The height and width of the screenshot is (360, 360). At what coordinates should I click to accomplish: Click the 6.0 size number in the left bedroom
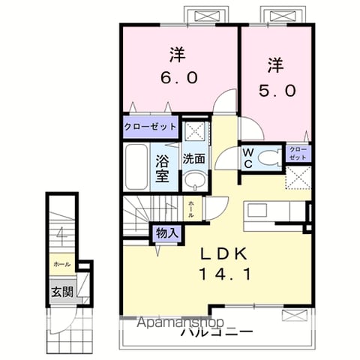click(177, 77)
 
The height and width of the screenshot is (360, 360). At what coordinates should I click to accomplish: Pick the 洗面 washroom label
click(196, 159)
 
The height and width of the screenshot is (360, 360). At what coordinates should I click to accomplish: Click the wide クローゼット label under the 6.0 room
click(150, 126)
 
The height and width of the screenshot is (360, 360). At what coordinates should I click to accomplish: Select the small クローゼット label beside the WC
click(298, 154)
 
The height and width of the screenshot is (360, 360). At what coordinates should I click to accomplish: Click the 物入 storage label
click(166, 233)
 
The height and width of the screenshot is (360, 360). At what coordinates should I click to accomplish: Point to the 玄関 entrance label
click(62, 292)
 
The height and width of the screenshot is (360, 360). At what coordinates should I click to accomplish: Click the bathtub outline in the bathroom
click(136, 166)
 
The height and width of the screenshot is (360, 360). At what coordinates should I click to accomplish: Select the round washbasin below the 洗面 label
click(195, 181)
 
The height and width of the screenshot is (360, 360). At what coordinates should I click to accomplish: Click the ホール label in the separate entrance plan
click(61, 265)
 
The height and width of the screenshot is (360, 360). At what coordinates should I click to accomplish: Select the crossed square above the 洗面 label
click(196, 130)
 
